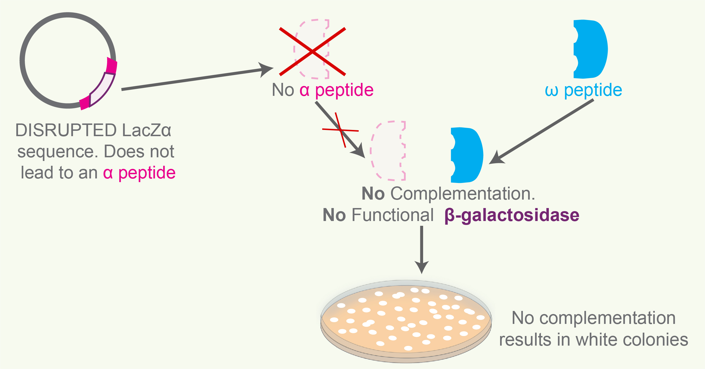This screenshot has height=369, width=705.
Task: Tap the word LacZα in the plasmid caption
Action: [147, 130]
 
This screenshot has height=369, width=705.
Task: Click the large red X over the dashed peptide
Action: [312, 52]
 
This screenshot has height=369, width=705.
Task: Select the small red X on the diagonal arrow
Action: [341, 130]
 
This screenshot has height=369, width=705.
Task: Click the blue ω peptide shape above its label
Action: [591, 49]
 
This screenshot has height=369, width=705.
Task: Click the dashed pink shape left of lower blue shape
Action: [388, 151]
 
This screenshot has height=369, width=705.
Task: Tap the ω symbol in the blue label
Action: [551, 91]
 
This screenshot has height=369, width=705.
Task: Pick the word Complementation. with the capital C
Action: [463, 194]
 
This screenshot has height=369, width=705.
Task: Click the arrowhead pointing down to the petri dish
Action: [422, 266]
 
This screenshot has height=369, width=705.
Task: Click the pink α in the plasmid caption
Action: [108, 173]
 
